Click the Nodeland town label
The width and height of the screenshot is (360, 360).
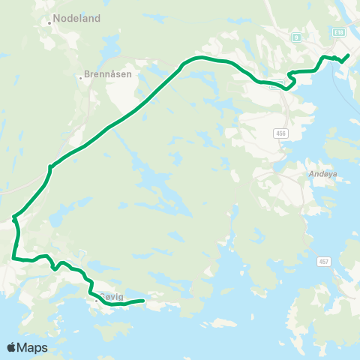(x=76, y=19)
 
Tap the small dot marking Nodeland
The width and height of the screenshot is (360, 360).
(x=49, y=22)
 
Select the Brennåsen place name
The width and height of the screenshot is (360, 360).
(x=108, y=76)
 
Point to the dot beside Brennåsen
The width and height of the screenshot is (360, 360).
(x=80, y=76)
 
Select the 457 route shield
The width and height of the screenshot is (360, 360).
(x=323, y=261)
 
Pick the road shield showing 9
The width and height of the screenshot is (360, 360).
(x=296, y=35)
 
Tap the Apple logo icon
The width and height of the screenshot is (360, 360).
(x=12, y=347)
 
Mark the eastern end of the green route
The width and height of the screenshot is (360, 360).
(x=349, y=55)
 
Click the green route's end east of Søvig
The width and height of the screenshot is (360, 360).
(x=142, y=301)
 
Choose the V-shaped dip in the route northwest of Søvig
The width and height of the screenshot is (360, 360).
(x=53, y=269)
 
